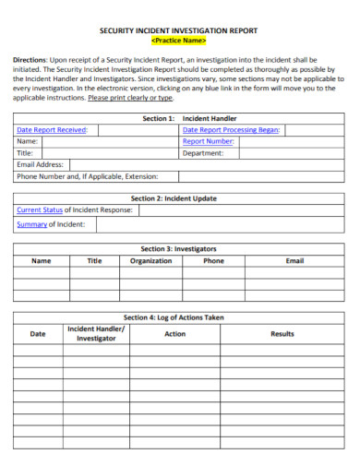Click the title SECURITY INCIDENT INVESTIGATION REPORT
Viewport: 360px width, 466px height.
pyautogui.click(x=178, y=30)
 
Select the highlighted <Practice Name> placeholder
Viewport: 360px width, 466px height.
pyautogui.click(x=178, y=41)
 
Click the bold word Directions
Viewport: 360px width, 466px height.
pyautogui.click(x=31, y=59)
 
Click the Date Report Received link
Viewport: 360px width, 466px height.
pyautogui.click(x=51, y=130)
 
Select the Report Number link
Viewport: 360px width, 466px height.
pyautogui.click(x=208, y=141)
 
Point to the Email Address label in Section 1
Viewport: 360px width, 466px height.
pyautogui.click(x=42, y=164)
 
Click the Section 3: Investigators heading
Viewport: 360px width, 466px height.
pyautogui.click(x=178, y=249)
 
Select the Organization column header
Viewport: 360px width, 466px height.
pyautogui.click(x=150, y=260)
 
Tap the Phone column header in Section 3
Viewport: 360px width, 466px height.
pyautogui.click(x=213, y=260)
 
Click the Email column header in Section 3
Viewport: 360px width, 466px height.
pyautogui.click(x=294, y=260)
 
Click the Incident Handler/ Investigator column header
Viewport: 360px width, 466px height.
pyautogui.click(x=96, y=333)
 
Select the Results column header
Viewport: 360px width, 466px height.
pyautogui.click(x=282, y=333)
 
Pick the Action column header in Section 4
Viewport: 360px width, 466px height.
pyautogui.click(x=174, y=333)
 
